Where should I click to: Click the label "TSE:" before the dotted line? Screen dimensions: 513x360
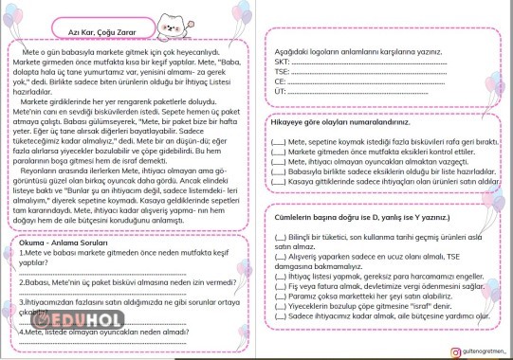click(x=282, y=71)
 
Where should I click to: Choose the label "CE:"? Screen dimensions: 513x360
click(x=280, y=81)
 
